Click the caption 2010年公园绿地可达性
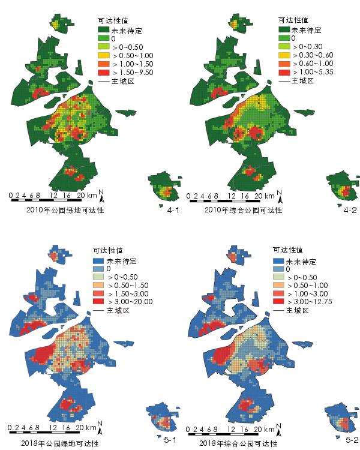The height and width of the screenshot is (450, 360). point(66,210)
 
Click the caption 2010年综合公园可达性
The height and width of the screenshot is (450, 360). point(243,210)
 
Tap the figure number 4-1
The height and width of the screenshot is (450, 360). point(173,210)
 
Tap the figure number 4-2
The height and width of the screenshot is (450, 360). point(350,210)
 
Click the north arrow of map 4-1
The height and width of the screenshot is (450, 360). point(102,195)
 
